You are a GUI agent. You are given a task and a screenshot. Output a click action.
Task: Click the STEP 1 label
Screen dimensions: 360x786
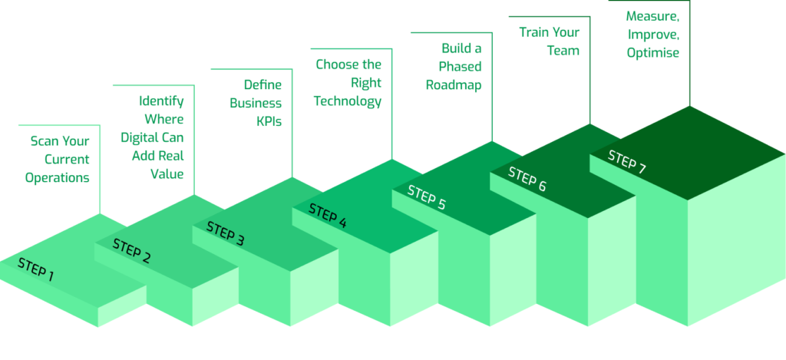pyautogui.click(x=36, y=269)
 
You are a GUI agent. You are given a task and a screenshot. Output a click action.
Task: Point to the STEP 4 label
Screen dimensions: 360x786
pyautogui.click(x=328, y=216)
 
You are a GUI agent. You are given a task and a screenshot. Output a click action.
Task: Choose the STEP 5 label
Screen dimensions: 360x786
pyautogui.click(x=426, y=197)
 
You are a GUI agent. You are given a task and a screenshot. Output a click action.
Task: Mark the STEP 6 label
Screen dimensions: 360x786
pyautogui.click(x=527, y=180)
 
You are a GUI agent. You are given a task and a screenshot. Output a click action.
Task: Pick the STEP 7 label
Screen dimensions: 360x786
pyautogui.click(x=626, y=162)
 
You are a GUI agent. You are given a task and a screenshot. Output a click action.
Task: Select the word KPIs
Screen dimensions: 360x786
pyautogui.click(x=269, y=121)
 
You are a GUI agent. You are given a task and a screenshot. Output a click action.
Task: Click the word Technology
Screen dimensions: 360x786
pyautogui.click(x=348, y=101)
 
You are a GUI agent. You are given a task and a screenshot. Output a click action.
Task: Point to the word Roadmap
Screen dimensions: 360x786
pyautogui.click(x=454, y=86)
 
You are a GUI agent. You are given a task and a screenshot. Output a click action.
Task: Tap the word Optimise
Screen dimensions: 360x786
pyautogui.click(x=652, y=53)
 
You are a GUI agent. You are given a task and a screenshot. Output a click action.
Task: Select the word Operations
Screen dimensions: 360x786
pyautogui.click(x=58, y=177)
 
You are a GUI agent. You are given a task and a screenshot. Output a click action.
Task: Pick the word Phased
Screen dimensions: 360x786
pyautogui.click(x=461, y=67)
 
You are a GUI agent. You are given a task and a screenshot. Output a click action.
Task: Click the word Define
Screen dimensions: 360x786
pyautogui.click(x=263, y=84)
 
